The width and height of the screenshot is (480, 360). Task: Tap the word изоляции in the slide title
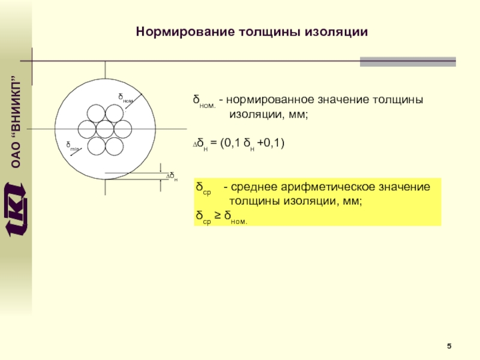(x=336, y=31)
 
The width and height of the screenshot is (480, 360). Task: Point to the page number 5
(x=449, y=346)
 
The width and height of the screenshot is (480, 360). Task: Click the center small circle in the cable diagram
(x=105, y=129)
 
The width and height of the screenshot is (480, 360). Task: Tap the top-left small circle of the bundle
(x=96, y=113)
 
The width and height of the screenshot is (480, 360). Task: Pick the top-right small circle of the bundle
(x=114, y=113)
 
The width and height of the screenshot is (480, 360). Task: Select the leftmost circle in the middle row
(x=87, y=129)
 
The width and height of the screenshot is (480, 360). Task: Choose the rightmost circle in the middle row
(x=123, y=129)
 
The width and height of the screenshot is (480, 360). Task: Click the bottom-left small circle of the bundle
(x=96, y=145)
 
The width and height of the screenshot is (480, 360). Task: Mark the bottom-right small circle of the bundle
(x=114, y=145)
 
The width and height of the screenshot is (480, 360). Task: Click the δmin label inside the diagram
(x=72, y=146)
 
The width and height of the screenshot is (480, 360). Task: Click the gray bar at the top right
(x=407, y=61)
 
